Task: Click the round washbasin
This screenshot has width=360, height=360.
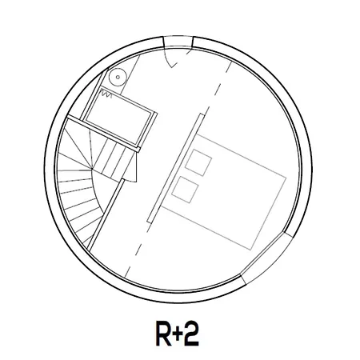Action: click(x=118, y=78)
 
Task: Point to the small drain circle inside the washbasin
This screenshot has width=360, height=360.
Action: click(x=118, y=78)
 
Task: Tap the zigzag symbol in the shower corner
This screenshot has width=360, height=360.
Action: click(x=106, y=94)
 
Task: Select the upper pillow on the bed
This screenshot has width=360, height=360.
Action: click(x=198, y=162)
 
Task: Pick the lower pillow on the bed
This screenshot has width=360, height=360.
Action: click(x=185, y=190)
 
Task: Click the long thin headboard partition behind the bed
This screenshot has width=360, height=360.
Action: click(x=176, y=168)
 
